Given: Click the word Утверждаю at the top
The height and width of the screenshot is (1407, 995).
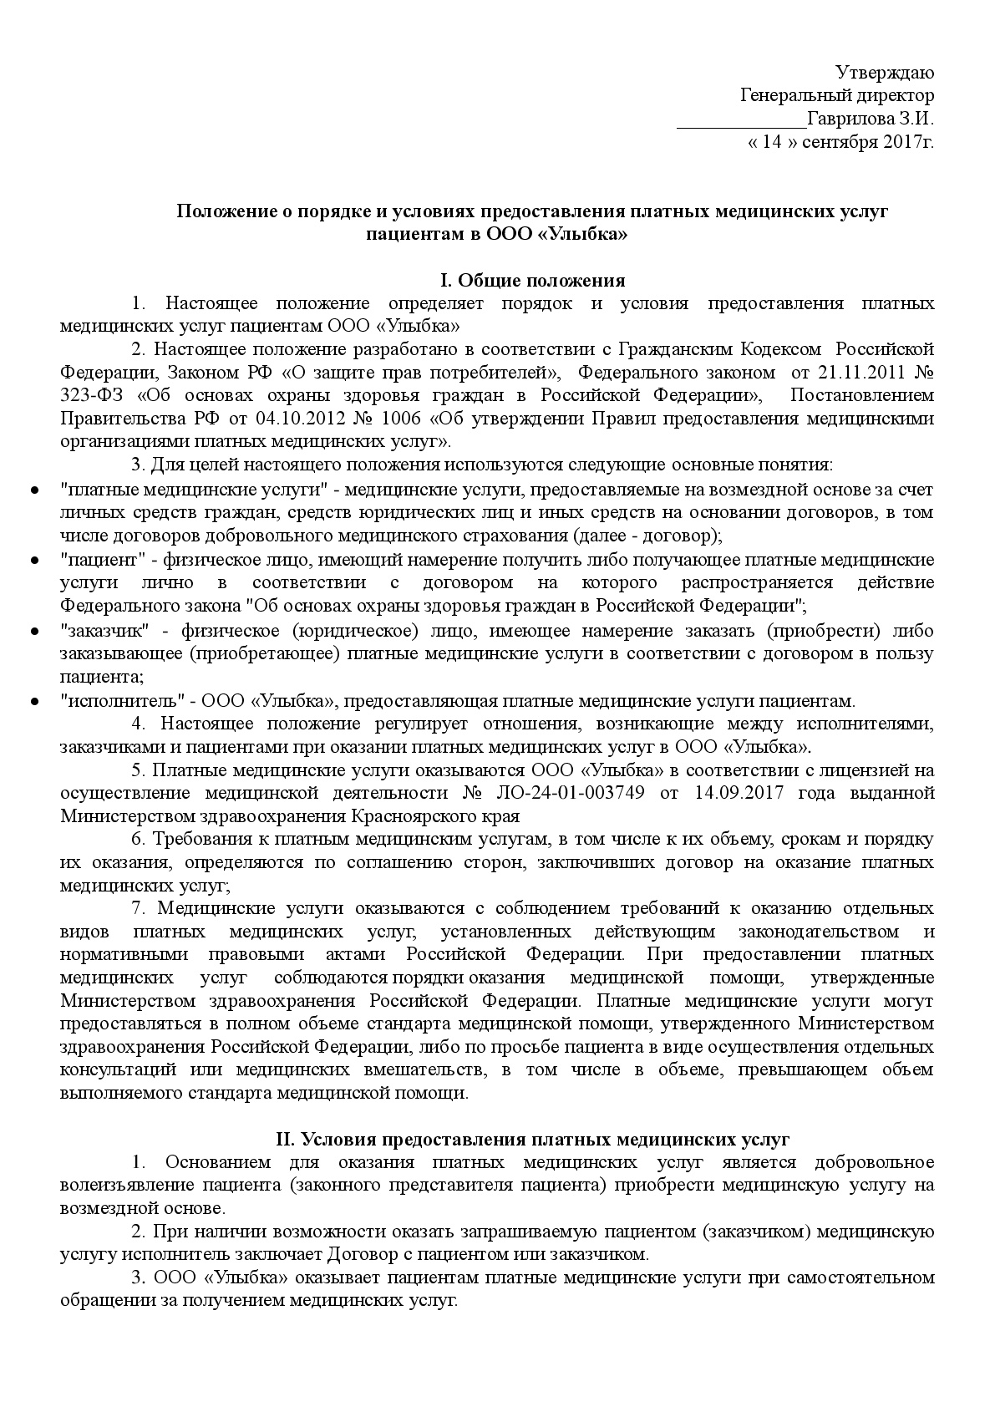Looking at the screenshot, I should pos(886,73).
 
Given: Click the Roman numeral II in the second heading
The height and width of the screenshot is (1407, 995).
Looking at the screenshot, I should pos(285,1139).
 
